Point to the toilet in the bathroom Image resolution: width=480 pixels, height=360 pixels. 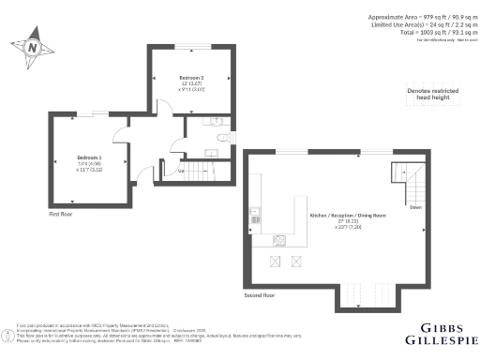(x=220, y=138)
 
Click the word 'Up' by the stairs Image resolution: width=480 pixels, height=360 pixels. (x=180, y=171)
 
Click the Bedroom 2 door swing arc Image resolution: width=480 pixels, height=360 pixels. (x=164, y=111)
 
